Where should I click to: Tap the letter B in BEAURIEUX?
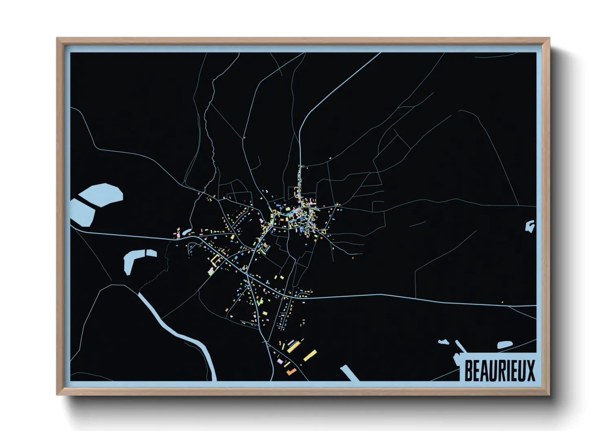click(469, 371)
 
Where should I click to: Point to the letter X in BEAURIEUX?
click(530, 371)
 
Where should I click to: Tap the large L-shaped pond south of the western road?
click(131, 261)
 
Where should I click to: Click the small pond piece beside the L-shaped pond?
click(151, 253)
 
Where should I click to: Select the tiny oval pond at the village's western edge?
click(186, 232)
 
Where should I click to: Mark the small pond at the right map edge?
click(530, 226)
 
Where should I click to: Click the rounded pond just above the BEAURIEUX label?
click(504, 345)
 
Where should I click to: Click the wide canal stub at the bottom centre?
click(350, 373)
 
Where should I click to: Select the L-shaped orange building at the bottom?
click(291, 371)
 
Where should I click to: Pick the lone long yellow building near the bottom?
click(310, 355)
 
